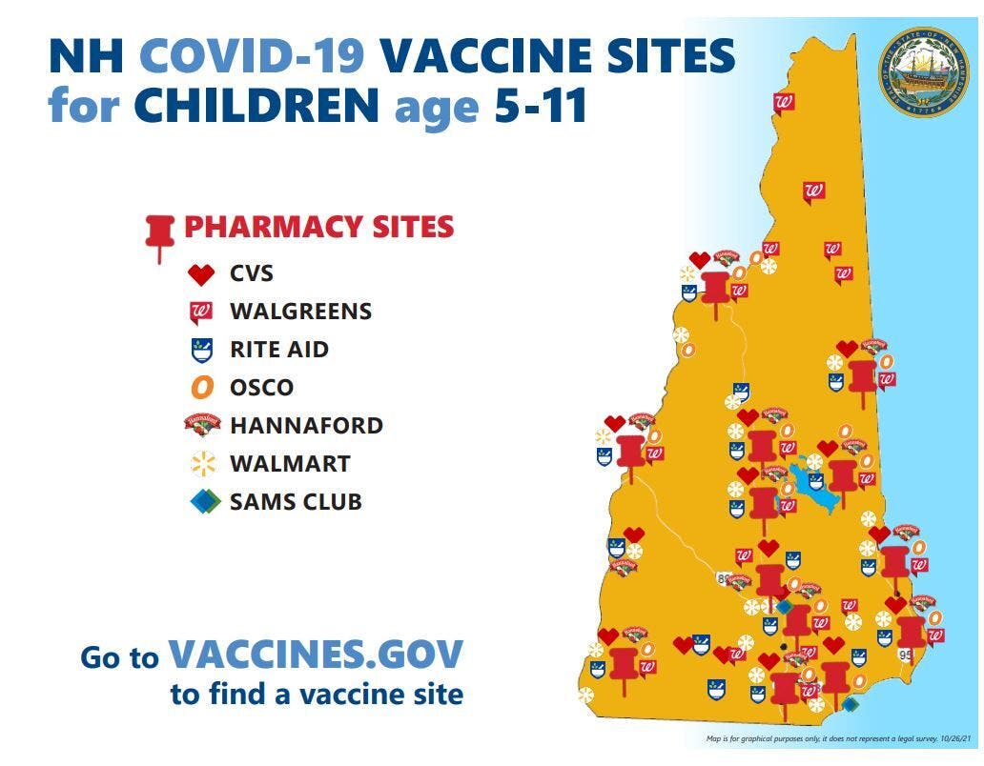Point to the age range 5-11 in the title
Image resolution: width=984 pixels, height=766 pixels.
tap(540, 106)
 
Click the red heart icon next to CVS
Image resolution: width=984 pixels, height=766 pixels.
tap(202, 275)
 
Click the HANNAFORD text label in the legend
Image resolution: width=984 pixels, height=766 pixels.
tap(306, 426)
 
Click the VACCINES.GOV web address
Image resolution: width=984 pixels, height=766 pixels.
tap(316, 655)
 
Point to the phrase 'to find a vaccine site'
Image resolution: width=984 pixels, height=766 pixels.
tap(317, 695)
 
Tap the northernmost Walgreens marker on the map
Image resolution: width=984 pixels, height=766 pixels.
tap(785, 104)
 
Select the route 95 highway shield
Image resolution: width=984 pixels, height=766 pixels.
tap(906, 656)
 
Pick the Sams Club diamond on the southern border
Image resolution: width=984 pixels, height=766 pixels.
tap(850, 704)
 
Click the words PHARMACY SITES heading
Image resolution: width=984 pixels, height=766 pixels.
tap(318, 228)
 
